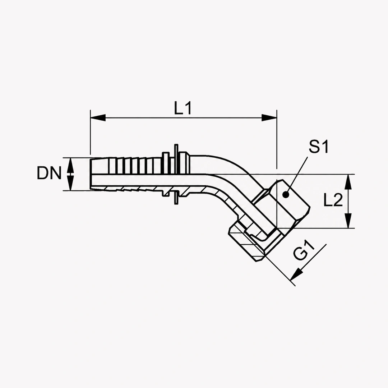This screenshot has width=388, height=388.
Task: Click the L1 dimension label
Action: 183,108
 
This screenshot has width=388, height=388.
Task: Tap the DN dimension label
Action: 49,173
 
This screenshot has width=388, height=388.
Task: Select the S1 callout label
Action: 319,147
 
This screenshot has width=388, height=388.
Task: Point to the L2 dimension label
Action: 333,200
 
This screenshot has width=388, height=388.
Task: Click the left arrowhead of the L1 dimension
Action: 98,118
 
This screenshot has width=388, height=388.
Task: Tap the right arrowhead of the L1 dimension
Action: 269,118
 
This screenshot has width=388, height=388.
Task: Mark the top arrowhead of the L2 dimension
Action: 348,182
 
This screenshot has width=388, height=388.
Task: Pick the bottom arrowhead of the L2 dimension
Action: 348,221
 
